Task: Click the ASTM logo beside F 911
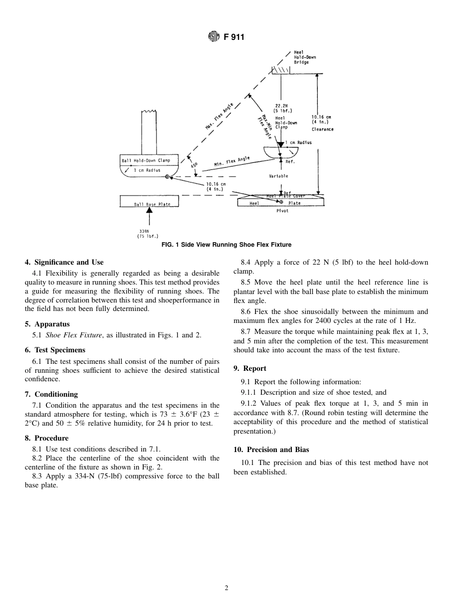pyautogui.click(x=214, y=37)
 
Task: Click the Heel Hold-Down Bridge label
pyautogui.click(x=304, y=57)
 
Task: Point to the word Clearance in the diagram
pyautogui.click(x=322, y=129)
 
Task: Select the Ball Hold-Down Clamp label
pyautogui.click(x=146, y=160)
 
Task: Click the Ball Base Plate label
pyautogui.click(x=152, y=204)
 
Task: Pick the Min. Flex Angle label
pyautogui.click(x=232, y=161)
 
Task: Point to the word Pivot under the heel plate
pyautogui.click(x=282, y=211)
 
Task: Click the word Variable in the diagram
pyautogui.click(x=278, y=176)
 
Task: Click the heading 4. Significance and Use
pyautogui.click(x=64, y=262)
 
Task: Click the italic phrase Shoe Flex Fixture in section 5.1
pyautogui.click(x=74, y=335)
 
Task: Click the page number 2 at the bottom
pyautogui.click(x=227, y=588)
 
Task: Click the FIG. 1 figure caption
pyautogui.click(x=226, y=245)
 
